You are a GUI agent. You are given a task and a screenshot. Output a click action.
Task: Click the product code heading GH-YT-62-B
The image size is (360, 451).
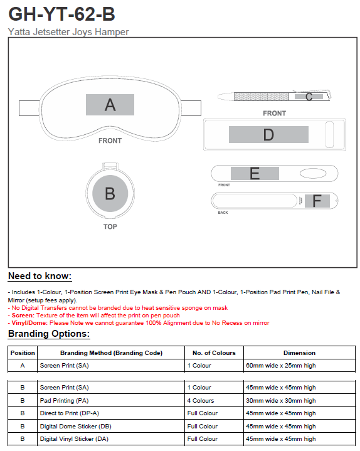[61, 14]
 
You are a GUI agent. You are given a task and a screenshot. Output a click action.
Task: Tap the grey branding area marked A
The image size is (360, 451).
[110, 105]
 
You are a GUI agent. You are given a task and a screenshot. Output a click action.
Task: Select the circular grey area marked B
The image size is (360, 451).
[110, 193]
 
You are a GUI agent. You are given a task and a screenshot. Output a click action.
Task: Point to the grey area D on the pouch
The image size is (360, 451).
[268, 134]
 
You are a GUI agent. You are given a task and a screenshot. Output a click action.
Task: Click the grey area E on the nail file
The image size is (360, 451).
[255, 174]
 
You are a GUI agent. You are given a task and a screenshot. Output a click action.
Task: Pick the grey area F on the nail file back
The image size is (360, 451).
[317, 201]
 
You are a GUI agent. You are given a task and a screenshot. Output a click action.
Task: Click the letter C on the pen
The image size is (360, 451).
[309, 97]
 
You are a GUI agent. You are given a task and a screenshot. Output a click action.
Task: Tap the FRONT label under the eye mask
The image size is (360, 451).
[110, 141]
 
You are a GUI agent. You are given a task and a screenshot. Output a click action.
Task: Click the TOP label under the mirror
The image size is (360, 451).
[110, 226]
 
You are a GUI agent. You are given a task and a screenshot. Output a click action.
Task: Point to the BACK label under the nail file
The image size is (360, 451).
[223, 213]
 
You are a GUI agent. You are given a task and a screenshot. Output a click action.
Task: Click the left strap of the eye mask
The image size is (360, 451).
[29, 108]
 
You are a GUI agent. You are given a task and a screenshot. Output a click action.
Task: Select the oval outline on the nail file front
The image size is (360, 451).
[313, 174]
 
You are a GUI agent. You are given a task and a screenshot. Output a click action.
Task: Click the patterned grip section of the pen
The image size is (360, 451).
[262, 97]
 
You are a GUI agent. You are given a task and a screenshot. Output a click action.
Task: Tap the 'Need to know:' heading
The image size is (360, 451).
[40, 276]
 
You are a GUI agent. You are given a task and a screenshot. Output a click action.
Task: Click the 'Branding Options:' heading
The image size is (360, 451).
[49, 334]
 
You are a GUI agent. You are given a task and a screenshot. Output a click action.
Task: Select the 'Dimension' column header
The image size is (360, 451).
[299, 353]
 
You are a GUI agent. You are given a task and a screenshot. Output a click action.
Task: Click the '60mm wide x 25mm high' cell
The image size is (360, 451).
[280, 366]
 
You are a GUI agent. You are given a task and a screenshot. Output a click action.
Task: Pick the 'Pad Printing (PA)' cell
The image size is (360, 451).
[64, 401]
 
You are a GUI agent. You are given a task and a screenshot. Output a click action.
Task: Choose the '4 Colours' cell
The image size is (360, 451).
[201, 401]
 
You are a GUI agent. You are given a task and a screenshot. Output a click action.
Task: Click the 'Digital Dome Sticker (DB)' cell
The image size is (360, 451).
[76, 427]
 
